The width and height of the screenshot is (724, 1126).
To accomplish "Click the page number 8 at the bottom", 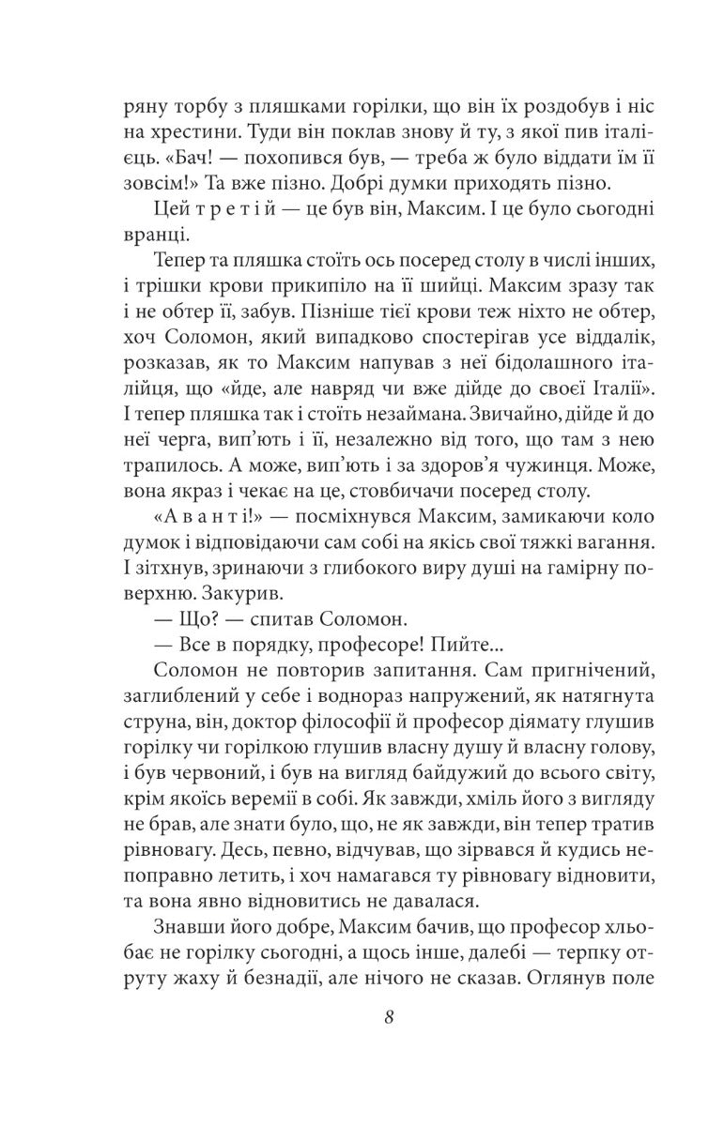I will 362,1020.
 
